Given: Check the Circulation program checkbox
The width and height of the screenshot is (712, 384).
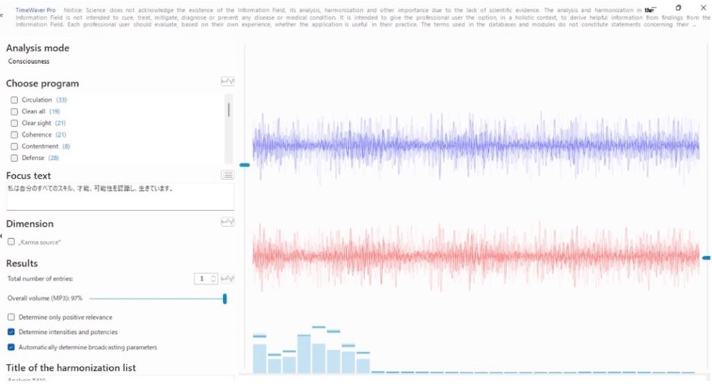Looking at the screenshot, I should click(x=15, y=100).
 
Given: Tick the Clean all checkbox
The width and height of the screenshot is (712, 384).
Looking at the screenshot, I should click(x=15, y=112).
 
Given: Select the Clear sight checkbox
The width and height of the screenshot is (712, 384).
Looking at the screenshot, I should click(x=15, y=123).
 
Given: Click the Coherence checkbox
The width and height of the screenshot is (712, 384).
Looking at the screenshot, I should click(x=15, y=135).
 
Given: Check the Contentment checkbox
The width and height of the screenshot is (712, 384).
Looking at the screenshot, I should click(x=15, y=147).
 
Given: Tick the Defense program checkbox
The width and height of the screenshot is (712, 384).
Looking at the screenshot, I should click(x=15, y=158).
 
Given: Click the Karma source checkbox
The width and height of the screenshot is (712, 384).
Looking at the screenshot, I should click(x=11, y=242).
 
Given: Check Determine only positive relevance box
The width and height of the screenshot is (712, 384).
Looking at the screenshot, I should click(x=11, y=317).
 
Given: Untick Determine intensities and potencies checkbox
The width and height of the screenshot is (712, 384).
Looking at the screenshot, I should click(x=11, y=332).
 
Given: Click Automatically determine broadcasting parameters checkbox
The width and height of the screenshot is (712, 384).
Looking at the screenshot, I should click(x=11, y=347).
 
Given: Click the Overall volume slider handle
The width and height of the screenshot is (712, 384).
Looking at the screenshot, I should click(x=225, y=299).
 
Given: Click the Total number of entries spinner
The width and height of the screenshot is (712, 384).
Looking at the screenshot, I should click(x=207, y=278).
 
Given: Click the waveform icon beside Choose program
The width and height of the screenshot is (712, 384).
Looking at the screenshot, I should click(x=227, y=82).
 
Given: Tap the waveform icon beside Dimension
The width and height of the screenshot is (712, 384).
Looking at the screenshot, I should click(x=227, y=222).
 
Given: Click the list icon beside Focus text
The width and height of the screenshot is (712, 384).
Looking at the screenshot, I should click(x=227, y=175).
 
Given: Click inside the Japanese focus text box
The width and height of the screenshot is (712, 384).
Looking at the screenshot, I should click(x=120, y=197).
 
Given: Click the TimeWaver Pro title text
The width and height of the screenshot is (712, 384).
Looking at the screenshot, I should click(x=35, y=10).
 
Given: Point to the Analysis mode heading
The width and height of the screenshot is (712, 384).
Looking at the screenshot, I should click(x=38, y=49).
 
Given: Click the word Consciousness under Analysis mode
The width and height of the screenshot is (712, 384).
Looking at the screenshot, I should click(x=29, y=61).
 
